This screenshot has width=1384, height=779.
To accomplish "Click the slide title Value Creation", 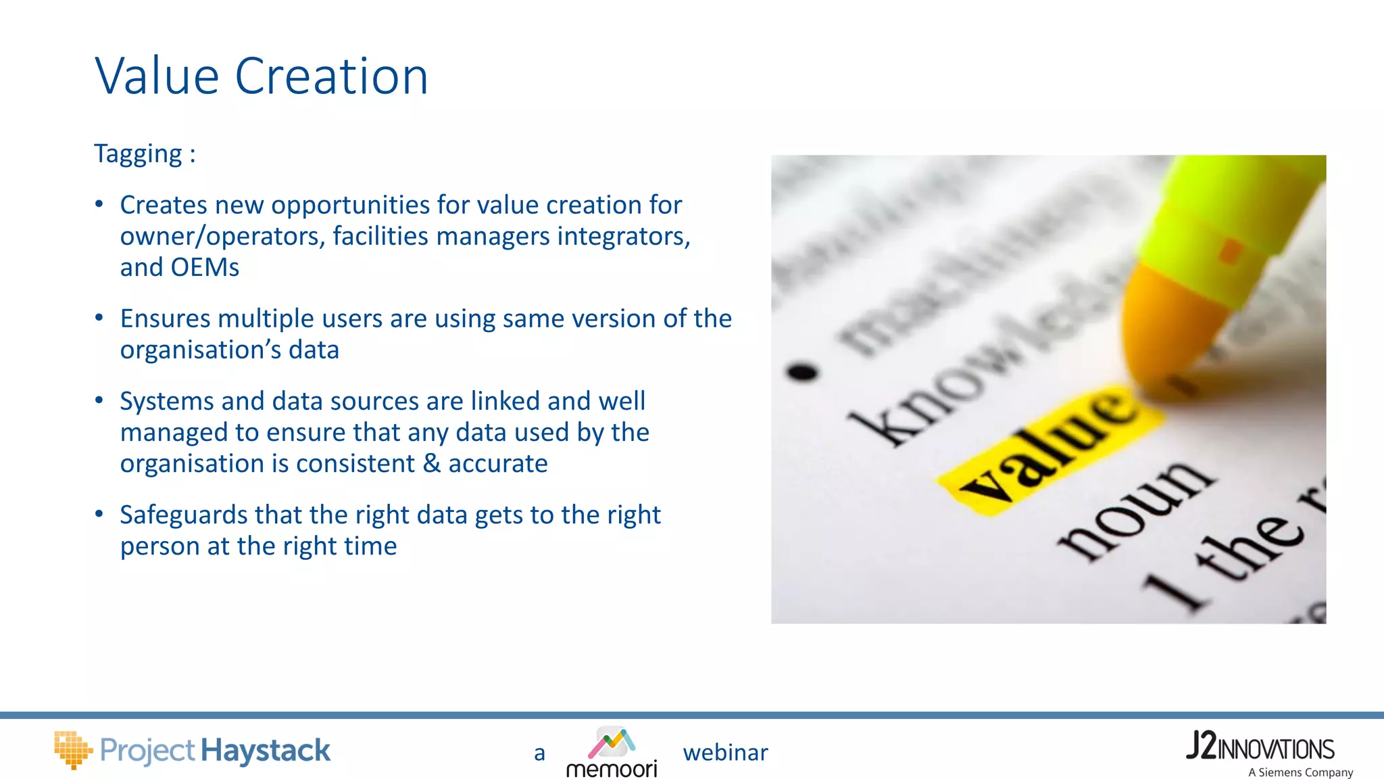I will pyautogui.click(x=262, y=76).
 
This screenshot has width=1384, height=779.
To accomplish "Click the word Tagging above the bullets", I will pyautogui.click(x=138, y=154).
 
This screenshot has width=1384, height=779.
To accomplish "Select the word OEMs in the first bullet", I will pyautogui.click(x=205, y=268).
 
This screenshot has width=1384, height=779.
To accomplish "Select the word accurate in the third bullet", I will pyautogui.click(x=498, y=464).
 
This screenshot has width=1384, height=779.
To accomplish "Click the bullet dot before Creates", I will pyautogui.click(x=99, y=204).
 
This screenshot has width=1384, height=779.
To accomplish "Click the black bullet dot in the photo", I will pyautogui.click(x=802, y=372).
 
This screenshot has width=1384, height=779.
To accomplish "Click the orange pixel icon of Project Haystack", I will pyautogui.click(x=72, y=749).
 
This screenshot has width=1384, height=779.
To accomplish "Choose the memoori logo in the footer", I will pyautogui.click(x=612, y=753).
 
